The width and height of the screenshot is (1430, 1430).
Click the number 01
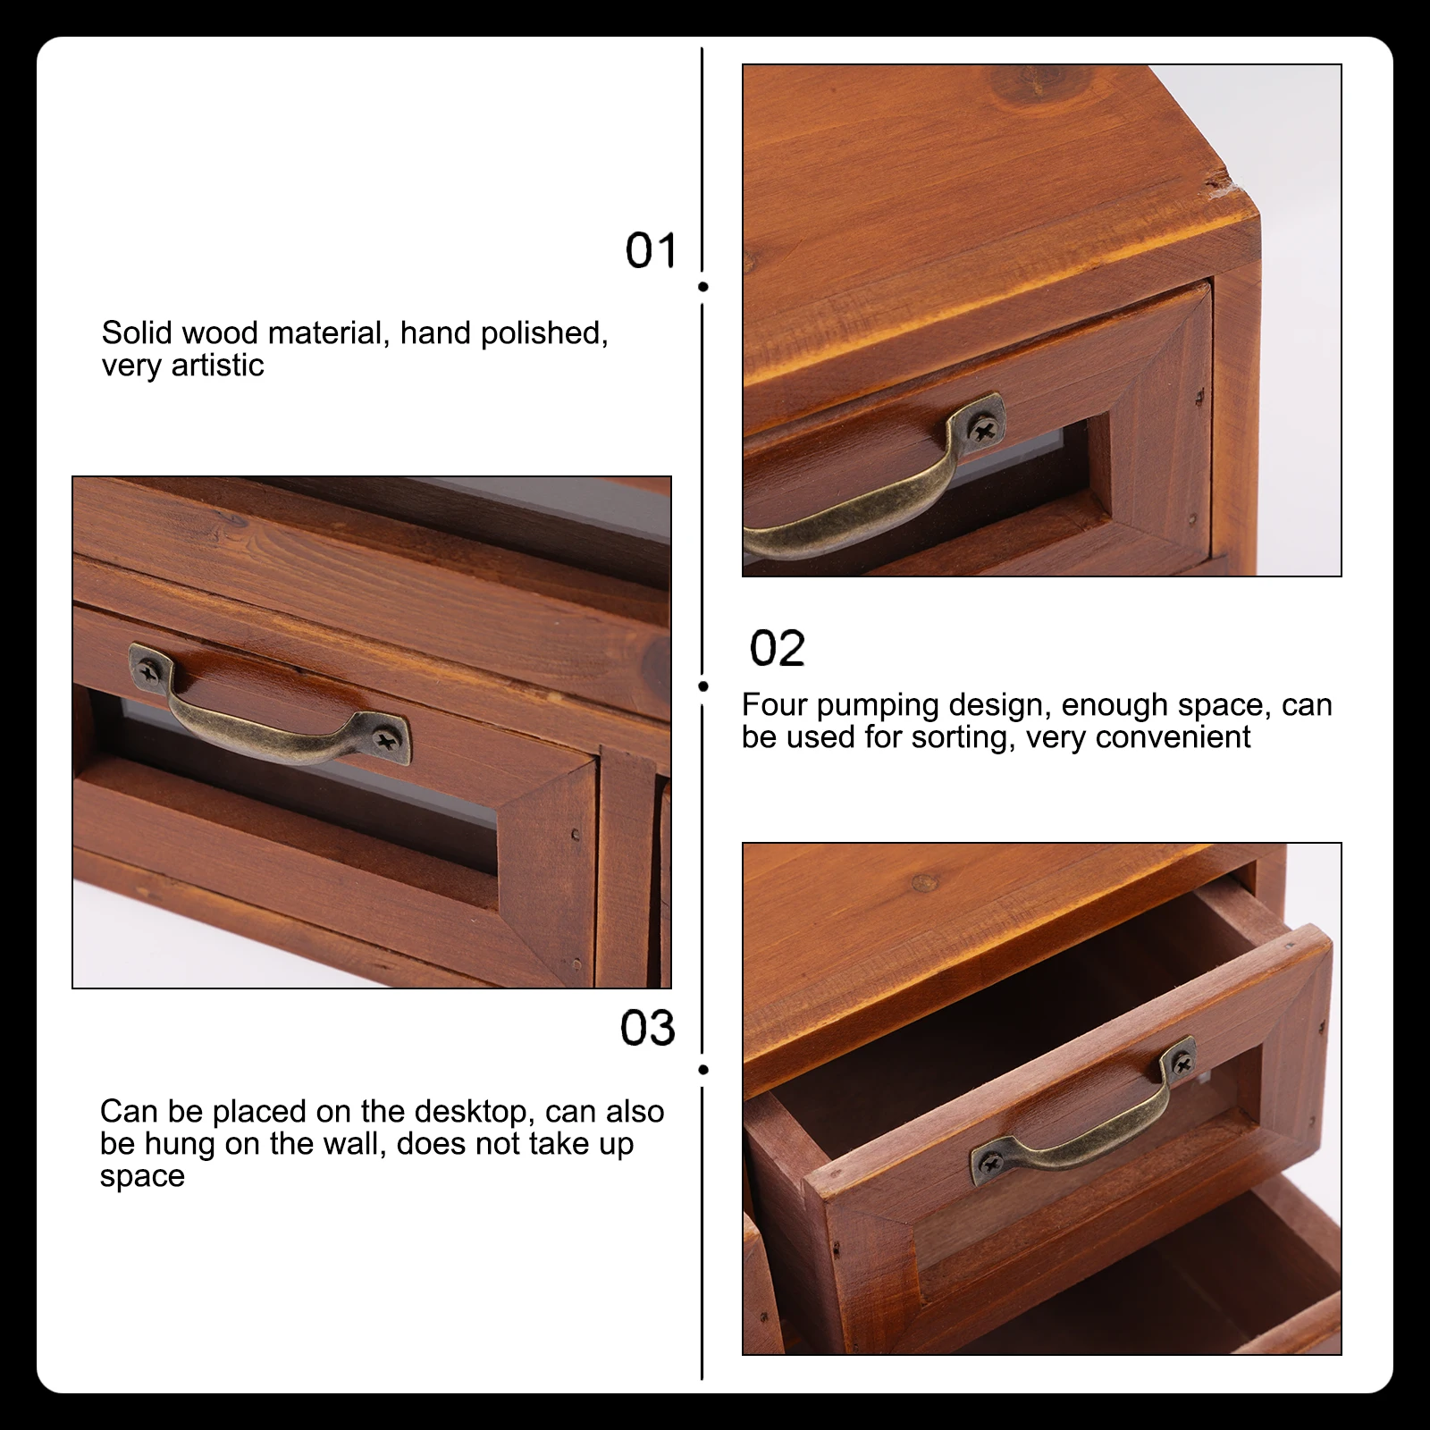coord(651,250)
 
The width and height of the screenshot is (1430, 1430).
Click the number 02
coord(777,648)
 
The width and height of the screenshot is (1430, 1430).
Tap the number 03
coord(647,1028)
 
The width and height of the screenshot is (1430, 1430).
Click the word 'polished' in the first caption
coord(543,333)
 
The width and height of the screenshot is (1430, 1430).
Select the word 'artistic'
coord(217,366)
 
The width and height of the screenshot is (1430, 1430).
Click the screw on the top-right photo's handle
coord(983,432)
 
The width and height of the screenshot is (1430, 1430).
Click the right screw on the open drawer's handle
coord(1182,1064)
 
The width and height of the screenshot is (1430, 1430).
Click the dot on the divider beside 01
coord(703,287)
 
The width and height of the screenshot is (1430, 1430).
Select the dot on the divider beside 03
coord(703,1070)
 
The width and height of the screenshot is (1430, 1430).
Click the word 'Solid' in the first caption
coord(136,333)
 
